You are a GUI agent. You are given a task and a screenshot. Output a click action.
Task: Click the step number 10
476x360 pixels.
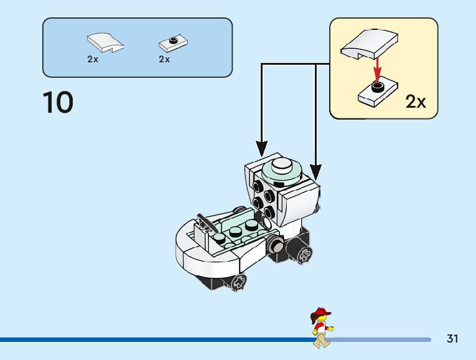click(x=58, y=102)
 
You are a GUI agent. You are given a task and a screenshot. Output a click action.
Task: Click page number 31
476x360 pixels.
click(x=452, y=338)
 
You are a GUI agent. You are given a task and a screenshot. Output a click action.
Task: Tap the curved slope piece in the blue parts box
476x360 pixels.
click(x=105, y=42)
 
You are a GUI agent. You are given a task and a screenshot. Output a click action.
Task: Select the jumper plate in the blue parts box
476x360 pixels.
click(x=173, y=44)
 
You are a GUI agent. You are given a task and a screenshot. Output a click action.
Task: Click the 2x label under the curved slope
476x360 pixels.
click(x=93, y=59)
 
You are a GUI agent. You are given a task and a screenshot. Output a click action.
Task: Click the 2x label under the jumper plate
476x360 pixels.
click(x=164, y=59)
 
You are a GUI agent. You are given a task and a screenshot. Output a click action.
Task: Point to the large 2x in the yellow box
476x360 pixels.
click(x=416, y=102)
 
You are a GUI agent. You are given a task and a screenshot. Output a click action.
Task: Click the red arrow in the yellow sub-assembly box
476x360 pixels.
click(x=377, y=70)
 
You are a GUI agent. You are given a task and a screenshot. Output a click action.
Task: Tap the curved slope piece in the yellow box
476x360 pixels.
click(x=369, y=44)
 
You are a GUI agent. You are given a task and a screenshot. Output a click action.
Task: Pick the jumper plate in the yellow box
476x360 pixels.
click(x=378, y=93)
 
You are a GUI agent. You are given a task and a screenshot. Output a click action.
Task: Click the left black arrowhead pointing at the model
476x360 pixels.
click(x=261, y=149)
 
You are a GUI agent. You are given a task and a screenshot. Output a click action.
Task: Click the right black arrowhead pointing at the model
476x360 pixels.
click(x=315, y=173)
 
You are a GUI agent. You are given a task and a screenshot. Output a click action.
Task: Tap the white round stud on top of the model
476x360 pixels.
click(x=281, y=165)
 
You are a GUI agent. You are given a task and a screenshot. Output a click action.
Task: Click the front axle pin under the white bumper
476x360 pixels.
click(x=238, y=283)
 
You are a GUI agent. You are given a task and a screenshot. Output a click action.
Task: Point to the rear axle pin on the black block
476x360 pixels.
click(x=305, y=254)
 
